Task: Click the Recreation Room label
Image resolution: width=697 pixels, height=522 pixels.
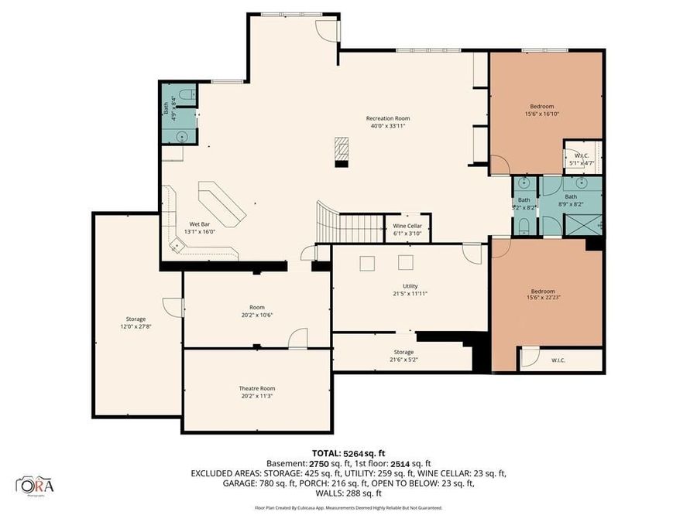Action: click(386, 118)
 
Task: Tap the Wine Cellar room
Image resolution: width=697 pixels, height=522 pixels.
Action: click(407, 228)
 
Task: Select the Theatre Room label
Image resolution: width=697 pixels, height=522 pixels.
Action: click(256, 388)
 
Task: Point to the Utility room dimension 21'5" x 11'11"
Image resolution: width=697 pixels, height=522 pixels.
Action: click(410, 294)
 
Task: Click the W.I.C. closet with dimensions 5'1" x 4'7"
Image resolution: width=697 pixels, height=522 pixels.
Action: click(583, 159)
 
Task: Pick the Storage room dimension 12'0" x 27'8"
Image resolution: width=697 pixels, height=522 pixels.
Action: click(136, 327)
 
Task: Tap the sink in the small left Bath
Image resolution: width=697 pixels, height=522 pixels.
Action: click(182, 136)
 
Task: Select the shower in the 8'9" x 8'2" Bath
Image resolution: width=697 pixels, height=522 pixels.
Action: click(584, 225)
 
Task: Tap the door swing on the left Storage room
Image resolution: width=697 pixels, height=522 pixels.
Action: click(175, 307)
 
